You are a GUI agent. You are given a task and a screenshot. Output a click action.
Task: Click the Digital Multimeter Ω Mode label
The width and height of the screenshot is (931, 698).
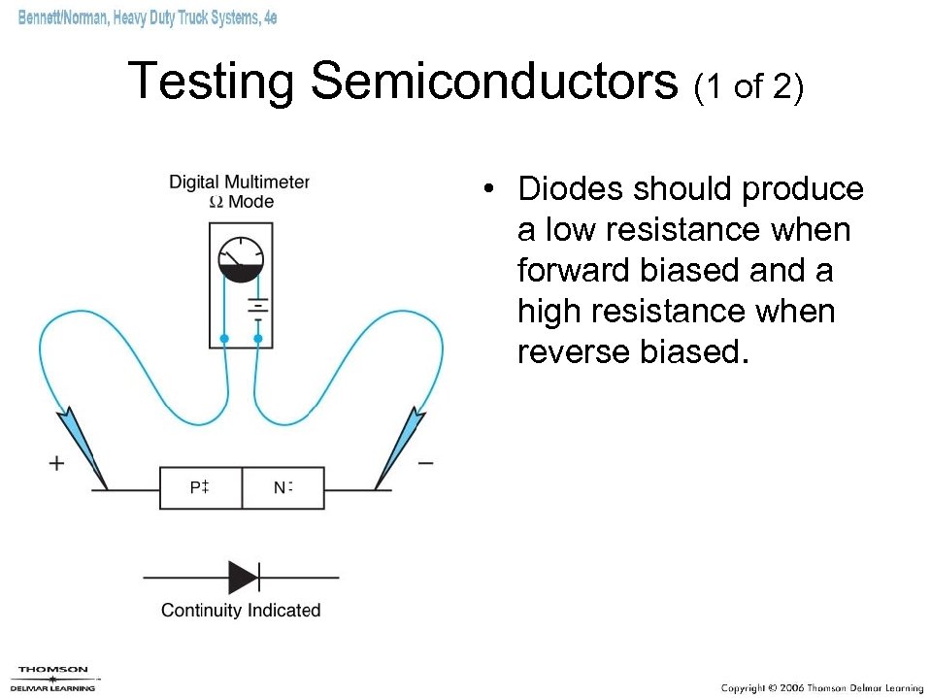coord(240,191)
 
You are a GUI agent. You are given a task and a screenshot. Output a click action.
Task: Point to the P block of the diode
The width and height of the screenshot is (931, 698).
coord(201,487)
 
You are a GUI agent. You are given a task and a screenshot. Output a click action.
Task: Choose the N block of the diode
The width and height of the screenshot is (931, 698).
coord(283,487)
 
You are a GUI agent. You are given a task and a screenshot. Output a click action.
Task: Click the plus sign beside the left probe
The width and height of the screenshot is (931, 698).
coord(57,463)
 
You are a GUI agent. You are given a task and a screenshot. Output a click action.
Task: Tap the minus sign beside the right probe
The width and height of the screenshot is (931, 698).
coord(425,464)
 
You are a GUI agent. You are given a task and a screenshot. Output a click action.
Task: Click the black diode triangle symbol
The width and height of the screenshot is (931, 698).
coord(243,577)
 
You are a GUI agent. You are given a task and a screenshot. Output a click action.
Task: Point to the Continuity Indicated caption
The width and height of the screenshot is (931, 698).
coord(241,610)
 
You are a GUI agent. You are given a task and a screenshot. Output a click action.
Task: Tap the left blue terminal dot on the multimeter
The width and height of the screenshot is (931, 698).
coord(224,338)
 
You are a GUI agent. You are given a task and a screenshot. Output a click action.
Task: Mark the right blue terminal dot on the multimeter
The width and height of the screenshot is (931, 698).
coord(257,338)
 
